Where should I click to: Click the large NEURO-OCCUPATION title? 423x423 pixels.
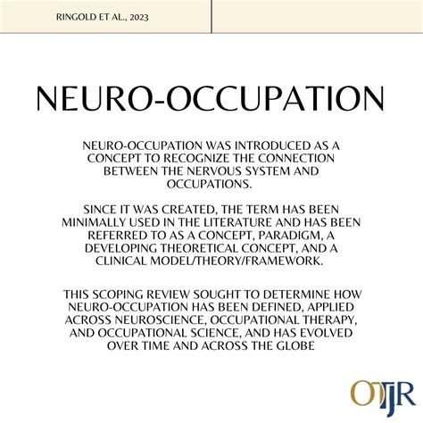211,100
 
